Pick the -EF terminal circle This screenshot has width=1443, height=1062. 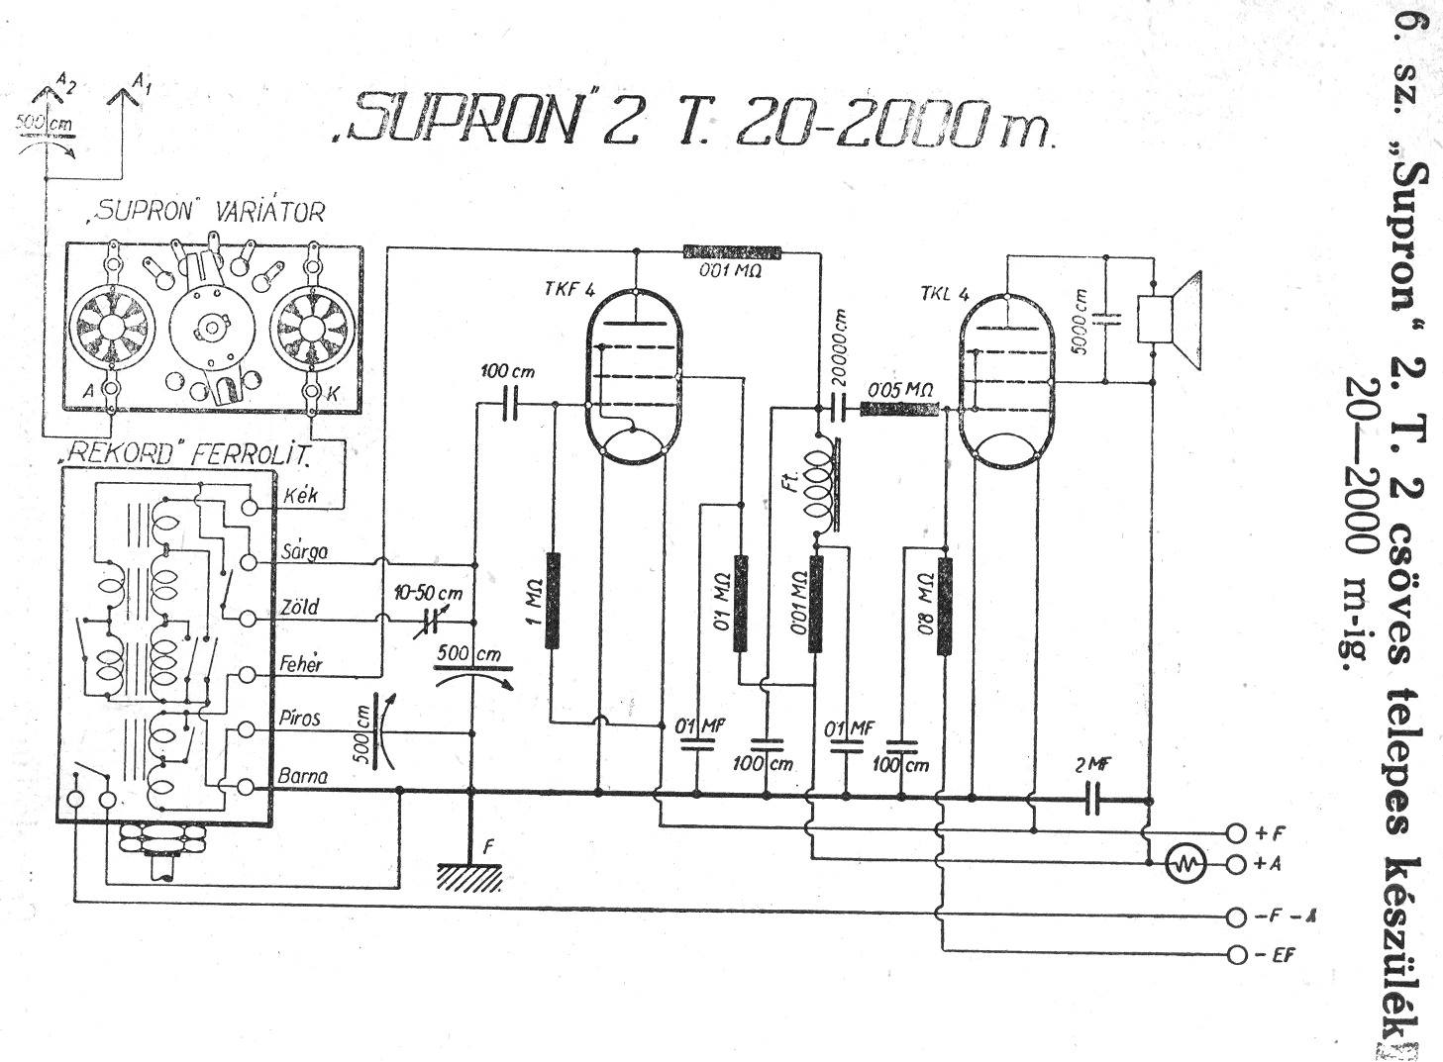coord(1235,955)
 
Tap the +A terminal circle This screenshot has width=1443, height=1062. coord(1235,864)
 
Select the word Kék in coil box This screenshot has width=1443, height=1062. coord(300,495)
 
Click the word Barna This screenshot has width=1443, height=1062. coord(303,776)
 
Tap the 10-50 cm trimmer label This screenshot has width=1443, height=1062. coord(428,593)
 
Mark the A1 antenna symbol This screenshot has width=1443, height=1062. coord(124,100)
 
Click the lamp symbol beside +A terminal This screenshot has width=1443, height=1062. coord(1185,865)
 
